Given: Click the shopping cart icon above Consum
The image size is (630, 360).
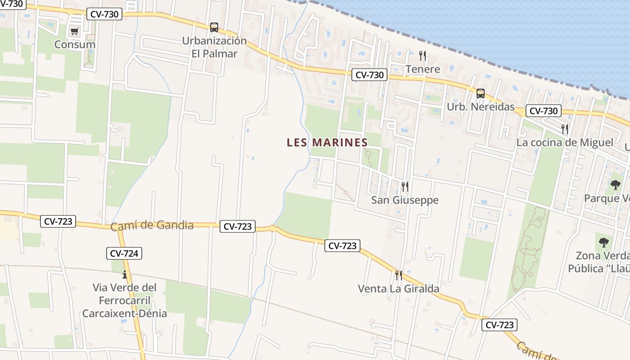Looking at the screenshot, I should pos(75,31).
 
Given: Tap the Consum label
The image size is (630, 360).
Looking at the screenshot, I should pos(75,45).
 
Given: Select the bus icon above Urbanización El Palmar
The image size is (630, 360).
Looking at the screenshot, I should pos(214,27).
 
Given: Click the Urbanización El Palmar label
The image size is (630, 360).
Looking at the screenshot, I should pos(214,47).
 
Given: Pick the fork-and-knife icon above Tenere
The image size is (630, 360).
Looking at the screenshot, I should pos(422,56).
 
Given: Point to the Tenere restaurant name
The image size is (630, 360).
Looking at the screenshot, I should pos(423,69).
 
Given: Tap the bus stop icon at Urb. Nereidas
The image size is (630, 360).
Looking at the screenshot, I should pos(481,94).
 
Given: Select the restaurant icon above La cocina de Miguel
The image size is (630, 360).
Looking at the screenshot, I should pos(565,129).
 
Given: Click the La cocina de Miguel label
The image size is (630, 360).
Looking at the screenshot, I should pos(564,143).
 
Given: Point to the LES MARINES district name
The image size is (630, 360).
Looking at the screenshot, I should pos(327,143).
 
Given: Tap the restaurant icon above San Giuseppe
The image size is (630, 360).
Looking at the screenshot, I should pos(405,186).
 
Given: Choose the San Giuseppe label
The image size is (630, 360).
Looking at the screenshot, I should pos(405,200).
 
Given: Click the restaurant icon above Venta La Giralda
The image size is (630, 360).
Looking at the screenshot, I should pos(398,275).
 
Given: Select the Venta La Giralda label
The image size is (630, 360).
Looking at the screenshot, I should pos(398,288).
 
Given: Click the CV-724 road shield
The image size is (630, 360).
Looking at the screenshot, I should pos(124,253).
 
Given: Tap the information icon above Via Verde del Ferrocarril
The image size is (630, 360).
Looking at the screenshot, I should pos(125,274).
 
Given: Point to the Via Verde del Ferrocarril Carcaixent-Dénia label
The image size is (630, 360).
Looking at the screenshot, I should pos(125,300).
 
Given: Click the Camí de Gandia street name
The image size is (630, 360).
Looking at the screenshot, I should pos(152,225).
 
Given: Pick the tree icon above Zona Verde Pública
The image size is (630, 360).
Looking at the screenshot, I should pos(603,243).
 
